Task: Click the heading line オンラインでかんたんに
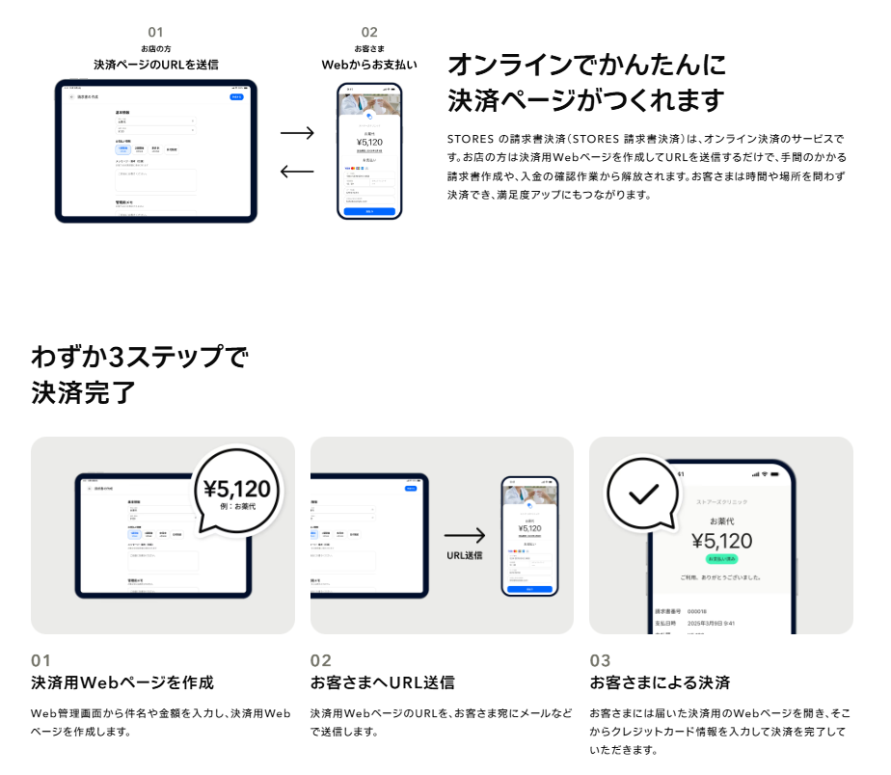coord(585,66)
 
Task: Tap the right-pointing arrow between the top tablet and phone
coord(297,133)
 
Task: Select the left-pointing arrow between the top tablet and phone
coord(297,172)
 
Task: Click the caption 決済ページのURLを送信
coord(156,65)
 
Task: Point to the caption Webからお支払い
coord(369,65)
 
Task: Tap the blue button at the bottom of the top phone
coord(369,210)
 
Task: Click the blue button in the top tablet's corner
coord(236,97)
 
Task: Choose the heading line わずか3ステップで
coord(140,358)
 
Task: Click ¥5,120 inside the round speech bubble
coord(237,489)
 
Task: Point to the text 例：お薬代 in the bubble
coord(238,507)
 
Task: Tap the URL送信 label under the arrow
coord(465,555)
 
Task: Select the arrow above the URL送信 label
coord(465,536)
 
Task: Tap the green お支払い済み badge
coord(721,558)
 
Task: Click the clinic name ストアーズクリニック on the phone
coord(721,502)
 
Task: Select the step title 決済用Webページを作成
coord(122,682)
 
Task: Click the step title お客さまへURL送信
coord(383,682)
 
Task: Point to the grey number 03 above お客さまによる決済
coord(600,660)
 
